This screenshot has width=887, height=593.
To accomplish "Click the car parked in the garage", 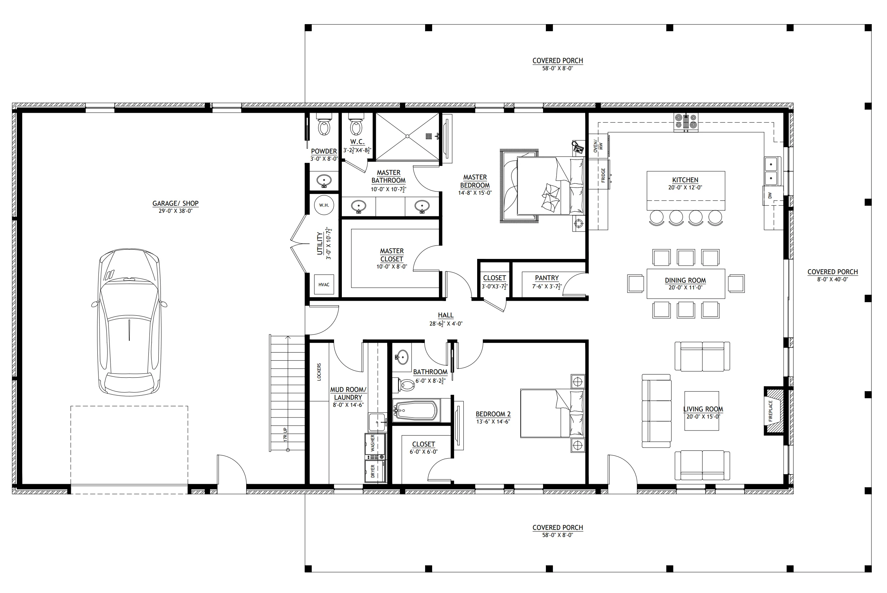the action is (129, 322).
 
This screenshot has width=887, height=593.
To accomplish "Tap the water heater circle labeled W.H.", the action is (324, 205).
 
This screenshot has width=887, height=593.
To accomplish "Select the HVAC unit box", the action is (324, 285).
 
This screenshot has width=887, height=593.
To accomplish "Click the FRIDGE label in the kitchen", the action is (603, 176).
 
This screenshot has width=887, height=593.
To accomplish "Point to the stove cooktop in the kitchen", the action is (686, 122).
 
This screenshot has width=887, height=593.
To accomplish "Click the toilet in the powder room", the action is (324, 125).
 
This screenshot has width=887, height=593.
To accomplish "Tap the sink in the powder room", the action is (324, 181).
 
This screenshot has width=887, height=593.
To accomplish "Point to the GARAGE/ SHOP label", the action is (175, 203).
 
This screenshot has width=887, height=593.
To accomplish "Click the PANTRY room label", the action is (547, 278).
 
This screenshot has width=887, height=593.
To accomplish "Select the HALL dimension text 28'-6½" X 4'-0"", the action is (446, 323).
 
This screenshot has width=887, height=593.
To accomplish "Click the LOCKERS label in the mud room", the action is (319, 372).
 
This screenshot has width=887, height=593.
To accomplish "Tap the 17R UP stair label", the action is (285, 434).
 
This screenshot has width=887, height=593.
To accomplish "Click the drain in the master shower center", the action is (408, 136).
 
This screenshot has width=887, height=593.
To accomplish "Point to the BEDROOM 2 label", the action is (493, 414).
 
